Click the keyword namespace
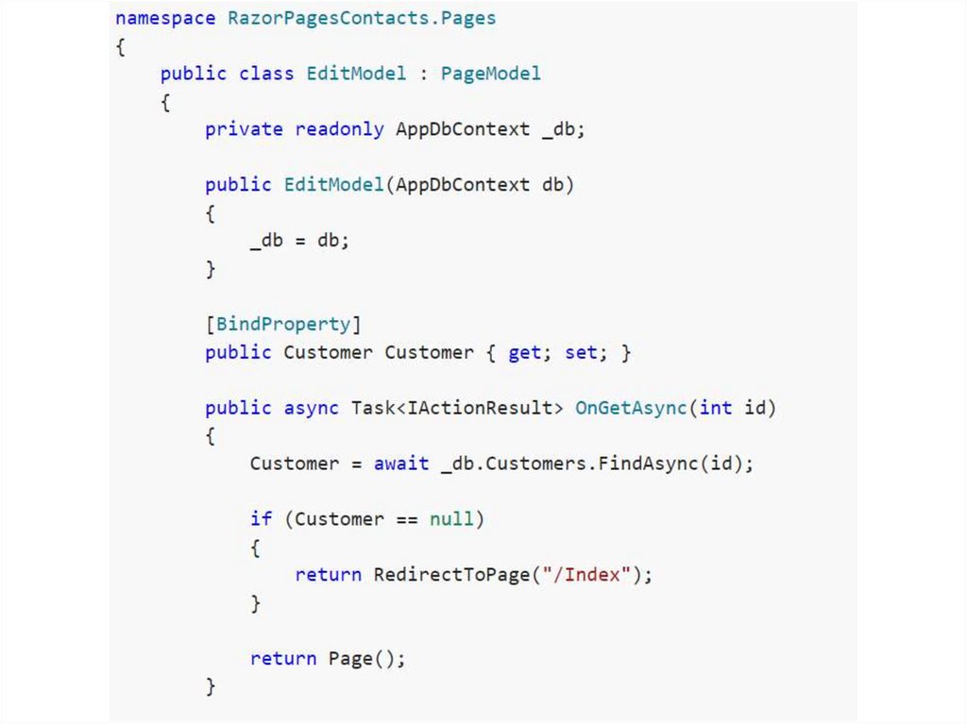165,18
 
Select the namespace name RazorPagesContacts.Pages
362,18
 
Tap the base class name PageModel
491,73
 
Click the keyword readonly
339,129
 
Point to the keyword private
244,129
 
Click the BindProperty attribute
283,324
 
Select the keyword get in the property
524,352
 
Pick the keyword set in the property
581,352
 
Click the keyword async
312,408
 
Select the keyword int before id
716,408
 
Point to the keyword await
401,463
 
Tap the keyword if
261,519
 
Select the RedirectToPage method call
451,574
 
